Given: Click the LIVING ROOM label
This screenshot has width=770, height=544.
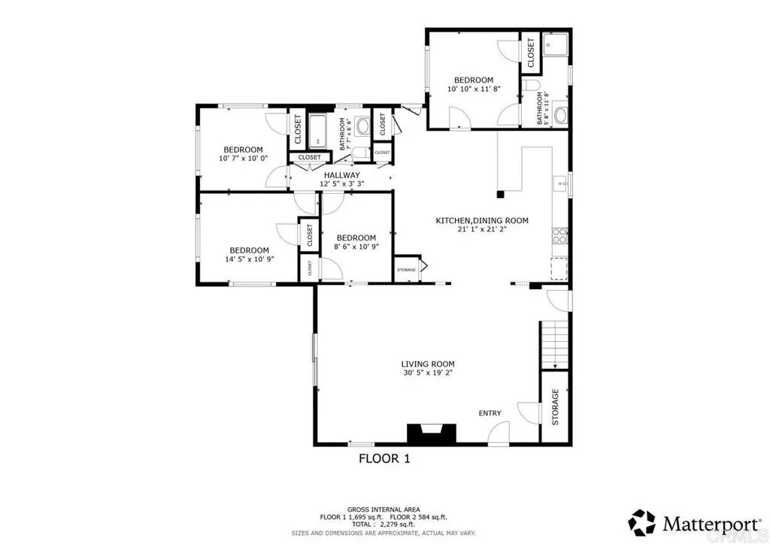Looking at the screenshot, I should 426,363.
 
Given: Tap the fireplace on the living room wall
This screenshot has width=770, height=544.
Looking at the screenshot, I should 431,434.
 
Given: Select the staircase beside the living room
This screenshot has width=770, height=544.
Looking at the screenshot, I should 553,344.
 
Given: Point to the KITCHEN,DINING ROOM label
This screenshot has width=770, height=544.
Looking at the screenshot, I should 482,221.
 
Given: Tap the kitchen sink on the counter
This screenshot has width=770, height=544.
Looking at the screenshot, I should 559,183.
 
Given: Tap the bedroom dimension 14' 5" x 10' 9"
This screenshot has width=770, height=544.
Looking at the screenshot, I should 249,259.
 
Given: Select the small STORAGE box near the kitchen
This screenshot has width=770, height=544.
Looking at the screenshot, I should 406,269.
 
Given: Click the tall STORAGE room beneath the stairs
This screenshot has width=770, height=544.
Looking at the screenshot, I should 555,407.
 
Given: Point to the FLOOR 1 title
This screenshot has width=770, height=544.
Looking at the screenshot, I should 383,458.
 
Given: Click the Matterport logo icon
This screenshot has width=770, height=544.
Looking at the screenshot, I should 642,522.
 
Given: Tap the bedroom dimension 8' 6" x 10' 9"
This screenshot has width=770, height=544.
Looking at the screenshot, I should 355,246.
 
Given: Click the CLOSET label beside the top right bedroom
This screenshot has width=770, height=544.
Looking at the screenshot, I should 530,53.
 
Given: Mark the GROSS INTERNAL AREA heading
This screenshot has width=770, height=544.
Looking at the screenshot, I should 383,509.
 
